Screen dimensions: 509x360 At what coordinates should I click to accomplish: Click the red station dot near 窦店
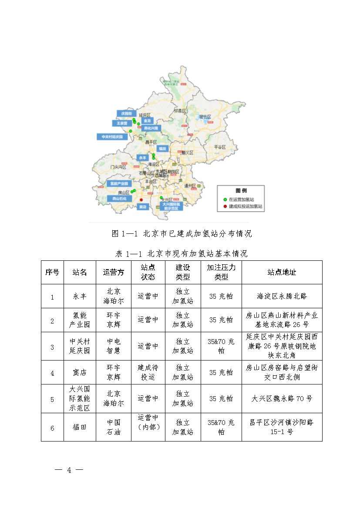(x=141, y=200)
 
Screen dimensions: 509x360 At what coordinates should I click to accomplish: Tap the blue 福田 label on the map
(x=162, y=148)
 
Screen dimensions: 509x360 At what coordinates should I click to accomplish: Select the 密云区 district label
(x=205, y=117)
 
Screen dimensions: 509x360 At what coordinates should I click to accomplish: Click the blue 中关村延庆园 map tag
(x=111, y=137)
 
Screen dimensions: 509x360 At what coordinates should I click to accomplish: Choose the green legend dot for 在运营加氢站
(x=225, y=199)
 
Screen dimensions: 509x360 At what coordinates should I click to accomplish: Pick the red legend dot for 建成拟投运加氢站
(x=225, y=206)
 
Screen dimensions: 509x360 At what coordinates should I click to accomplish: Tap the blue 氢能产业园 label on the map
(x=119, y=183)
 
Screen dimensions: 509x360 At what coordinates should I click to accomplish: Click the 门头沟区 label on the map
(x=118, y=167)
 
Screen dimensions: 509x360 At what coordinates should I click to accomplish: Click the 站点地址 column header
(x=282, y=272)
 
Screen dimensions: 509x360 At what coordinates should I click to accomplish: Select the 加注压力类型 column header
(x=221, y=272)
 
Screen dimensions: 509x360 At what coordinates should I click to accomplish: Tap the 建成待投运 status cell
(x=148, y=372)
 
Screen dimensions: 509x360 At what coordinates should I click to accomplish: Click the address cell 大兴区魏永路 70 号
(x=282, y=398)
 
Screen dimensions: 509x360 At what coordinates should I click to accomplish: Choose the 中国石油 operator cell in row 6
(x=113, y=427)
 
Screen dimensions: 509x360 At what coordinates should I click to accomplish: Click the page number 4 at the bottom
(x=69, y=470)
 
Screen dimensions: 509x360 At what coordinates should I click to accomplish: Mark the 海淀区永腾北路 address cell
(x=282, y=296)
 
